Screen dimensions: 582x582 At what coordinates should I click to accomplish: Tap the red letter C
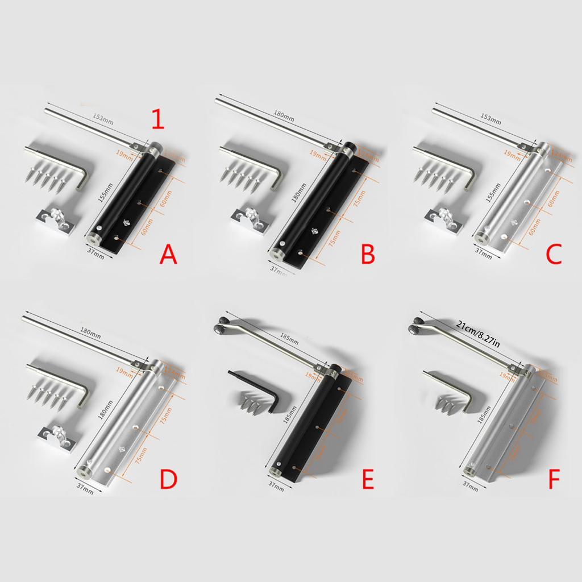(x=553, y=254)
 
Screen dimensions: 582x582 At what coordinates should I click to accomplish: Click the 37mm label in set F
(x=471, y=485)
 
